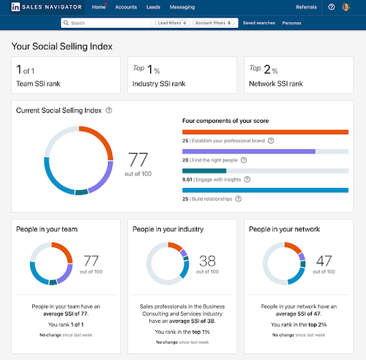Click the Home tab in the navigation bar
click(99, 7)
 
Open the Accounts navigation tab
click(126, 7)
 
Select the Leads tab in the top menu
click(153, 7)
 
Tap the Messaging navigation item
click(182, 7)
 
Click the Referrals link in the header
click(306, 7)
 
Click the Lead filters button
click(173, 23)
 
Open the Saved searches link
click(259, 23)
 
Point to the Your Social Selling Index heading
click(61, 45)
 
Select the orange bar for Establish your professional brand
click(265, 132)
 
